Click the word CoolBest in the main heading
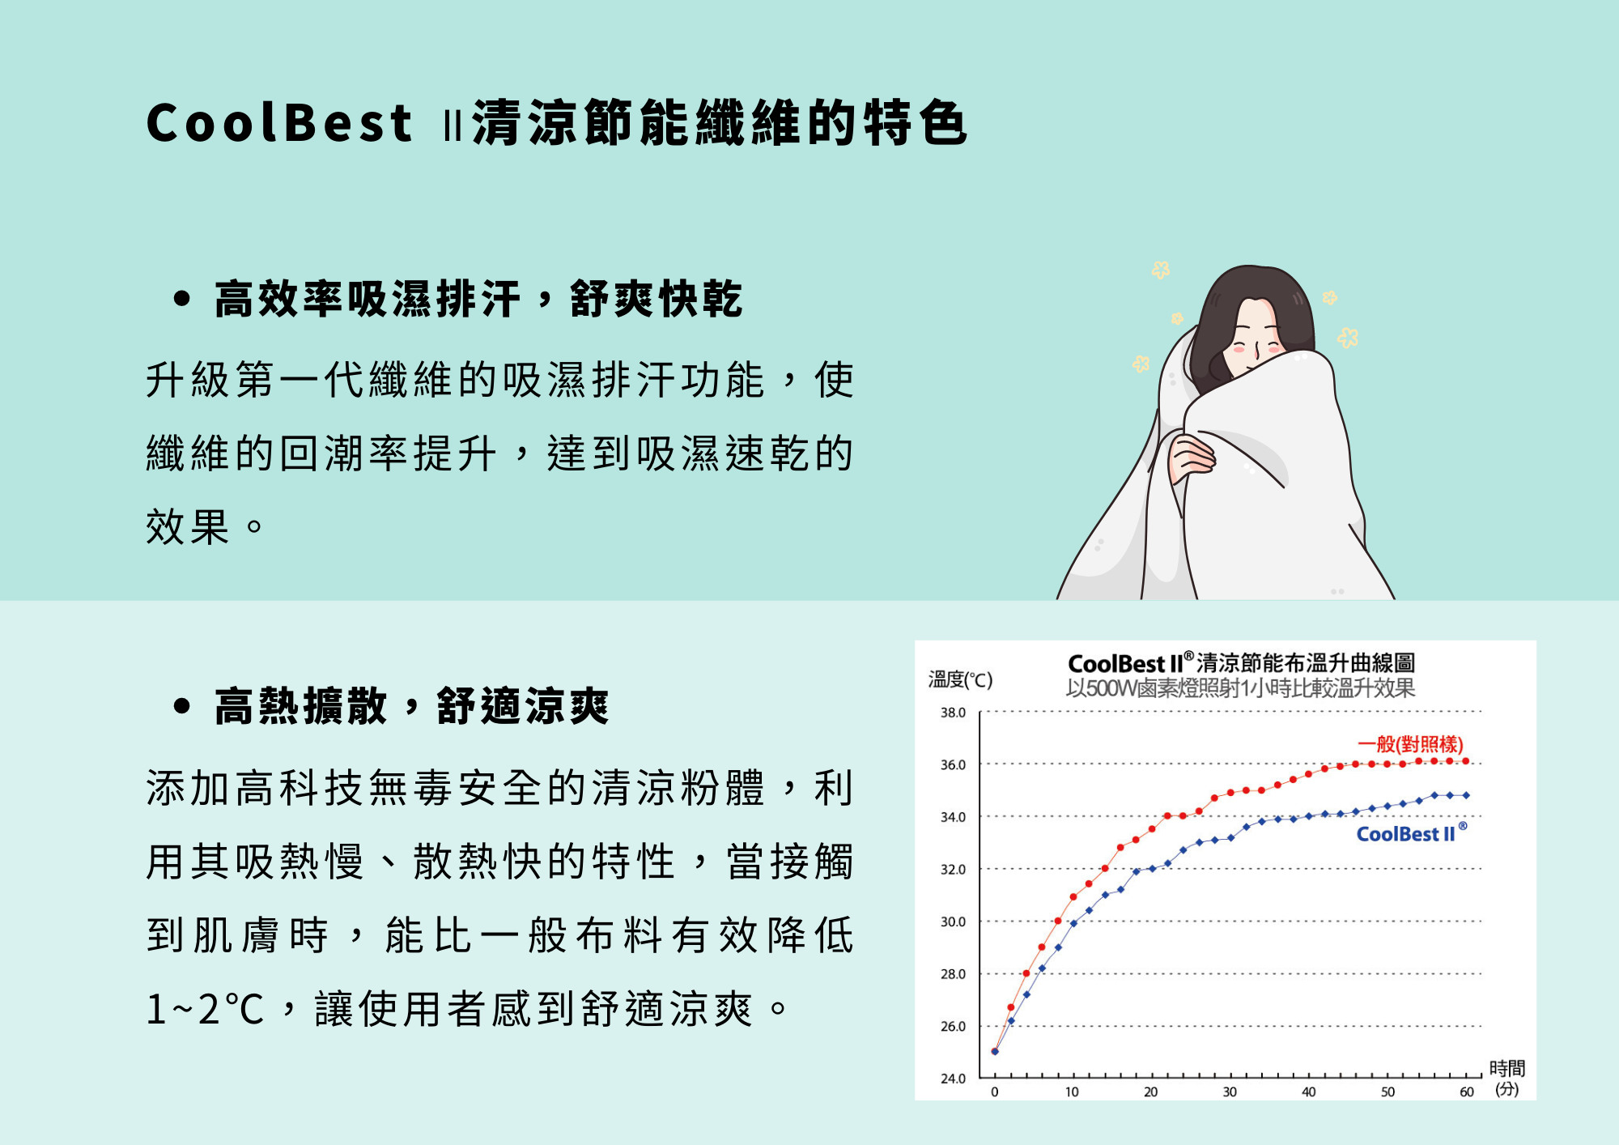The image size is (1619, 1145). point(279,123)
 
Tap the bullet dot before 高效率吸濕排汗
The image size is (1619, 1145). point(182,300)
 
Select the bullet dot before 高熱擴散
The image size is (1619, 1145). point(182,706)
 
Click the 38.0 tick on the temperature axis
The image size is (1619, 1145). point(953,713)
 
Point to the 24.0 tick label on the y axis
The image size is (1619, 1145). point(953,1079)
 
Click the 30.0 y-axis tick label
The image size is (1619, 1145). point(953,922)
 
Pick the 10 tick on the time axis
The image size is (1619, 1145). point(1072,1092)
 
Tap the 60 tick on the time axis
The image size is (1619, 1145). point(1466,1092)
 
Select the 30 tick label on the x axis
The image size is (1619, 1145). point(1230,1092)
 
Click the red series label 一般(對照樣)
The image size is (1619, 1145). point(1410,744)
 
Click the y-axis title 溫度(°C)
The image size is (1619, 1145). point(960,679)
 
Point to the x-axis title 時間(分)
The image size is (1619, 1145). point(1506,1079)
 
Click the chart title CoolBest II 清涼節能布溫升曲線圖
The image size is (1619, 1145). point(1242,663)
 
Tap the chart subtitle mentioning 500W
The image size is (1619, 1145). point(1240,688)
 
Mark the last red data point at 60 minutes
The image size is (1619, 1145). point(1466,761)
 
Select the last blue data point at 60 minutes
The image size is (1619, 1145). point(1466,795)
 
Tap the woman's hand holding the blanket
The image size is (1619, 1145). point(1190,458)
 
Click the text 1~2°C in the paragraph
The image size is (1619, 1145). point(206,1010)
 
